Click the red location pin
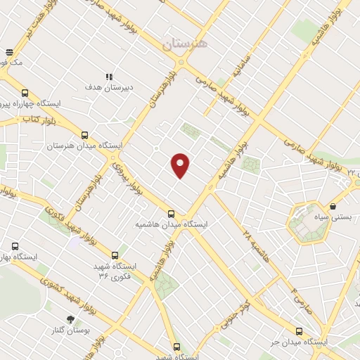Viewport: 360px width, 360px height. [181, 165]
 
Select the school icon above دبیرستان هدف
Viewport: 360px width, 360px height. [109, 77]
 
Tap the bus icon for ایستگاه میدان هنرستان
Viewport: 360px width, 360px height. [85, 135]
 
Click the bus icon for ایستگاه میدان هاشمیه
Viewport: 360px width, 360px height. [171, 214]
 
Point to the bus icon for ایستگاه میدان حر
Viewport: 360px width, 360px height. [299, 330]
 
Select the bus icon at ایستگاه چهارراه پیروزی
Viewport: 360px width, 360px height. [25, 93]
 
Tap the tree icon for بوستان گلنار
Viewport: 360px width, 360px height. [70, 319]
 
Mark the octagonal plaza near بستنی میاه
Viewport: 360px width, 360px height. [308, 222]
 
